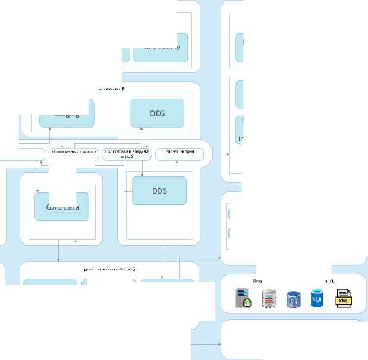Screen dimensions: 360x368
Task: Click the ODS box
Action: coord(156,112)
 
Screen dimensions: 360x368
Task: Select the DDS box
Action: coord(159,191)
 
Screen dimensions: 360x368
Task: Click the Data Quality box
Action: coord(161,48)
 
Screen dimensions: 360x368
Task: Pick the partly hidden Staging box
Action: coord(67,114)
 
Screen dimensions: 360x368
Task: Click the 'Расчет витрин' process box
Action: coord(179,154)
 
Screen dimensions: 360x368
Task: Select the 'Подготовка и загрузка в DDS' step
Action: coord(127,154)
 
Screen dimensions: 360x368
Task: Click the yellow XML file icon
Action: coord(344,298)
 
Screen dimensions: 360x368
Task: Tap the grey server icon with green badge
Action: coord(243,298)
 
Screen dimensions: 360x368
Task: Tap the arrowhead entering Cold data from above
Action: coord(37,190)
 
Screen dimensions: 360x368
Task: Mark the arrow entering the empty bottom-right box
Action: coord(218,343)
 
